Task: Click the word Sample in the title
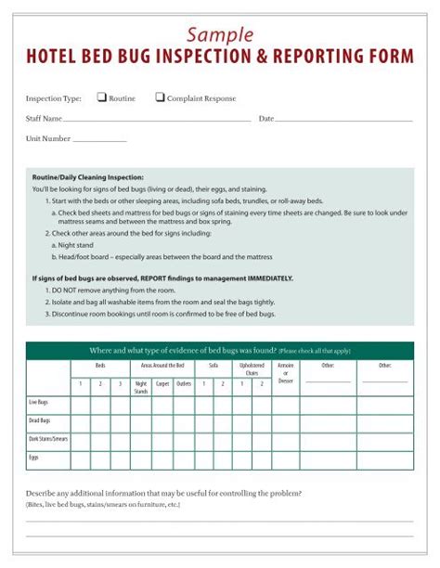tap(220, 34)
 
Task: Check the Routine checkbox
tap(102, 97)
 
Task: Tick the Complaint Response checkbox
tap(160, 97)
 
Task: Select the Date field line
tap(343, 121)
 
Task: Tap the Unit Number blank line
tap(99, 140)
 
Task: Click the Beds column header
tap(99, 366)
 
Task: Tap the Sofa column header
tap(213, 366)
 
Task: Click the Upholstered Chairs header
tap(252, 369)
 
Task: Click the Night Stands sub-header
tap(141, 387)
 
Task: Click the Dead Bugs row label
tap(39, 421)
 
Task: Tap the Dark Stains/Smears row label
tap(47, 439)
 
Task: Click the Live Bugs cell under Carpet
tap(162, 404)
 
